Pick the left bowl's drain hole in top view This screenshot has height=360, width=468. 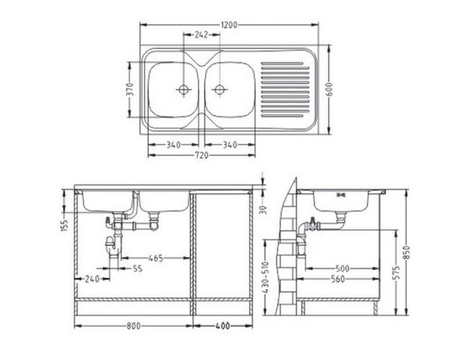click(x=182, y=90)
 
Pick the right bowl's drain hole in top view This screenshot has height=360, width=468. click(x=219, y=90)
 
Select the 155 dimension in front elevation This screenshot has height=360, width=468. click(x=63, y=226)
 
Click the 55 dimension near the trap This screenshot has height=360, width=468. click(x=137, y=268)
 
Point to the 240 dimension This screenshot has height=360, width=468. click(x=92, y=279)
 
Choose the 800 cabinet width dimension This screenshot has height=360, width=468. click(x=132, y=326)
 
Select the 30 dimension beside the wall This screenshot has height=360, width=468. click(x=263, y=210)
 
